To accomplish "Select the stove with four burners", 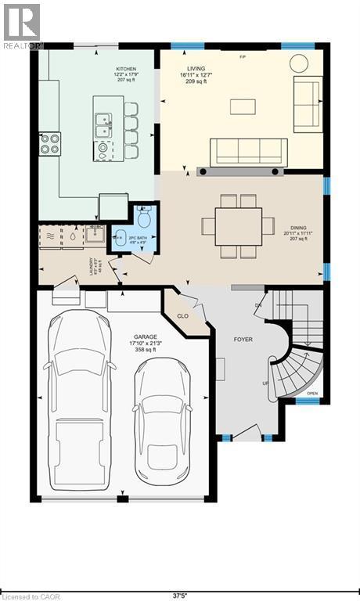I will coord(49,142).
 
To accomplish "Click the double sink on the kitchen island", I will coord(103,120).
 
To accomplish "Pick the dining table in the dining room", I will coord(238,226).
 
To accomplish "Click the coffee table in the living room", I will coord(243,106).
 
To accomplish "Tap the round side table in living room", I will coord(299,63).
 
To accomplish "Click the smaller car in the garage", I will coord(161,419).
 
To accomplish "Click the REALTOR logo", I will coord(21,27).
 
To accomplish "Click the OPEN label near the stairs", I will coord(312,393).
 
